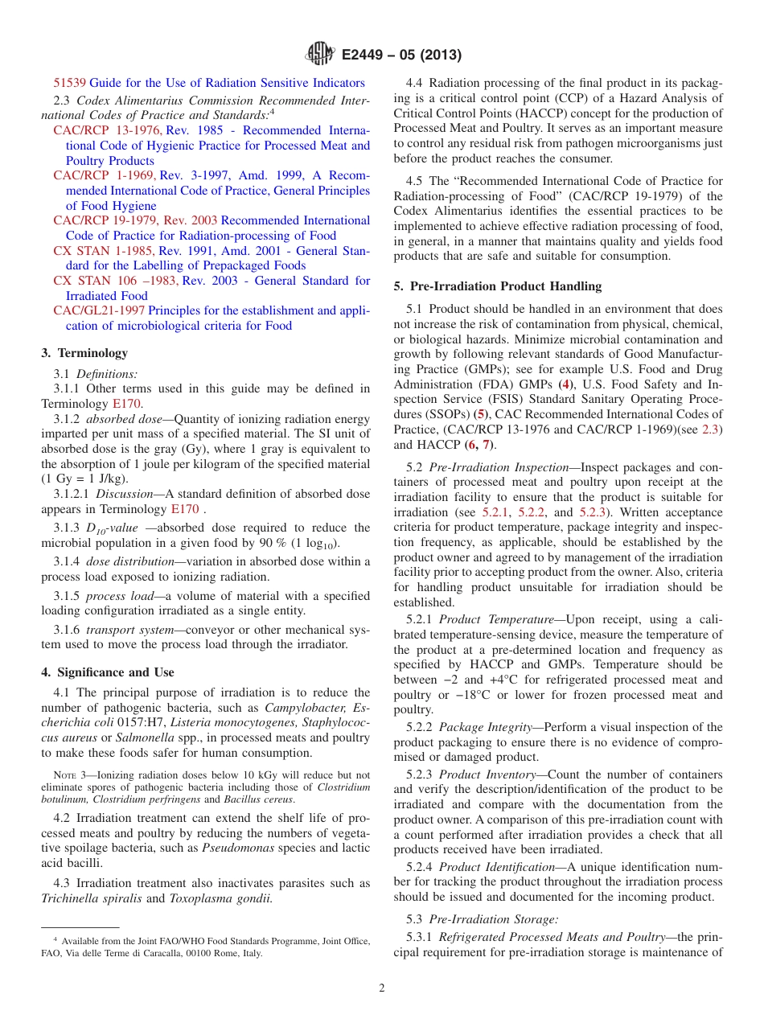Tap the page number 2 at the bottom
tap(382, 988)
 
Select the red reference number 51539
tap(70, 83)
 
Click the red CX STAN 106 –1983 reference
tap(116, 281)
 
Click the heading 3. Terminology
tap(84, 352)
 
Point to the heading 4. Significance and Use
tap(108, 672)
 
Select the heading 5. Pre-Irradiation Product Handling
tap(497, 286)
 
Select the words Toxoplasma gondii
tap(220, 898)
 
